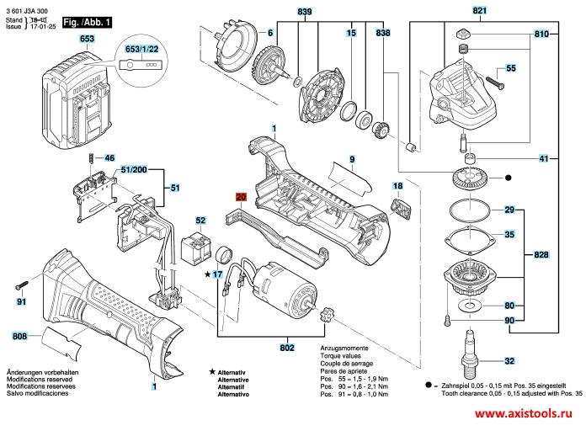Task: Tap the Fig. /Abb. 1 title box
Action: (88, 19)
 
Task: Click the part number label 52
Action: (200, 221)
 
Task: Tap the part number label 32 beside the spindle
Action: (509, 361)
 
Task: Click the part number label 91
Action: (23, 301)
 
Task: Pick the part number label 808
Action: (19, 337)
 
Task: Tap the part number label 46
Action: (109, 157)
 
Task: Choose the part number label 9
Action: (353, 159)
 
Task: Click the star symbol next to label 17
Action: (207, 274)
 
